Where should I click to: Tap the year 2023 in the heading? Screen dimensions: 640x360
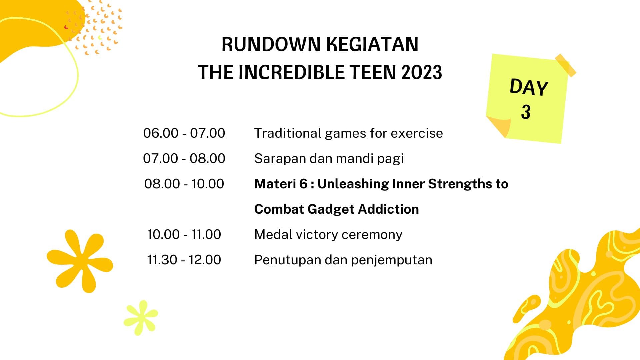click(422, 72)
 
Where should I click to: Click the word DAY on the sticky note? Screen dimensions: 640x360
click(529, 87)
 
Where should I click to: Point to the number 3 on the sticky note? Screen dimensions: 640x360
click(526, 112)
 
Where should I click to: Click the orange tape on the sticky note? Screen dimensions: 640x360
click(566, 65)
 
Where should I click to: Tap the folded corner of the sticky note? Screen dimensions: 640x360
click(499, 126)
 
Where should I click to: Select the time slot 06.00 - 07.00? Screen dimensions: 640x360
click(184, 133)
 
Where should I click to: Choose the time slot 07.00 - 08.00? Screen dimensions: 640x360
click(184, 158)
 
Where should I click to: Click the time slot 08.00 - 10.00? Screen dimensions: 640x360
click(184, 184)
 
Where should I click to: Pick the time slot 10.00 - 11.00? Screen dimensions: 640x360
click(184, 234)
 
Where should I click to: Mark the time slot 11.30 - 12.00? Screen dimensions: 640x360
click(184, 260)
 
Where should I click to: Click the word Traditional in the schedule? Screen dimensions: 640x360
click(288, 133)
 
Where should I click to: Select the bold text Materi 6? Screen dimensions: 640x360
click(281, 184)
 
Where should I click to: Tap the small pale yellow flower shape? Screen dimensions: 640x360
click(141, 317)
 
